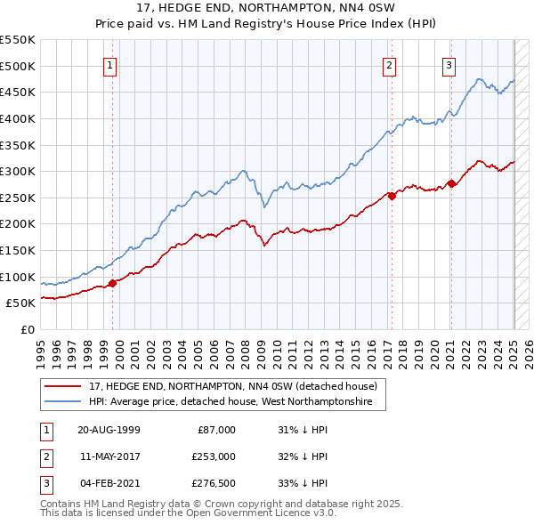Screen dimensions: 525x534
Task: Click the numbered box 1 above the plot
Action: [109, 64]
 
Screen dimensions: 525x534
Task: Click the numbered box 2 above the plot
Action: [390, 64]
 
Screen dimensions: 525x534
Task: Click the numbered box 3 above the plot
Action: [449, 64]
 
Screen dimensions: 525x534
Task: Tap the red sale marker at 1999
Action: [113, 283]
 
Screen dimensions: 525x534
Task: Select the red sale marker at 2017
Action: [392, 196]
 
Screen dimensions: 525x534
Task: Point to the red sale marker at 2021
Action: [451, 183]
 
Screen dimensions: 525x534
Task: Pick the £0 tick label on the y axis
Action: [28, 329]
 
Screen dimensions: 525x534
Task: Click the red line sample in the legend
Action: [63, 386]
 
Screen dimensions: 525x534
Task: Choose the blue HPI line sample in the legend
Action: [63, 402]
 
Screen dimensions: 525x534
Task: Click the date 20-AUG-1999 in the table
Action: [109, 429]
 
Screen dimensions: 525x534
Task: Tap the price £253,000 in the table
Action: [214, 456]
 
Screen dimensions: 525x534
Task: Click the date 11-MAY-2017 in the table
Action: [109, 456]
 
